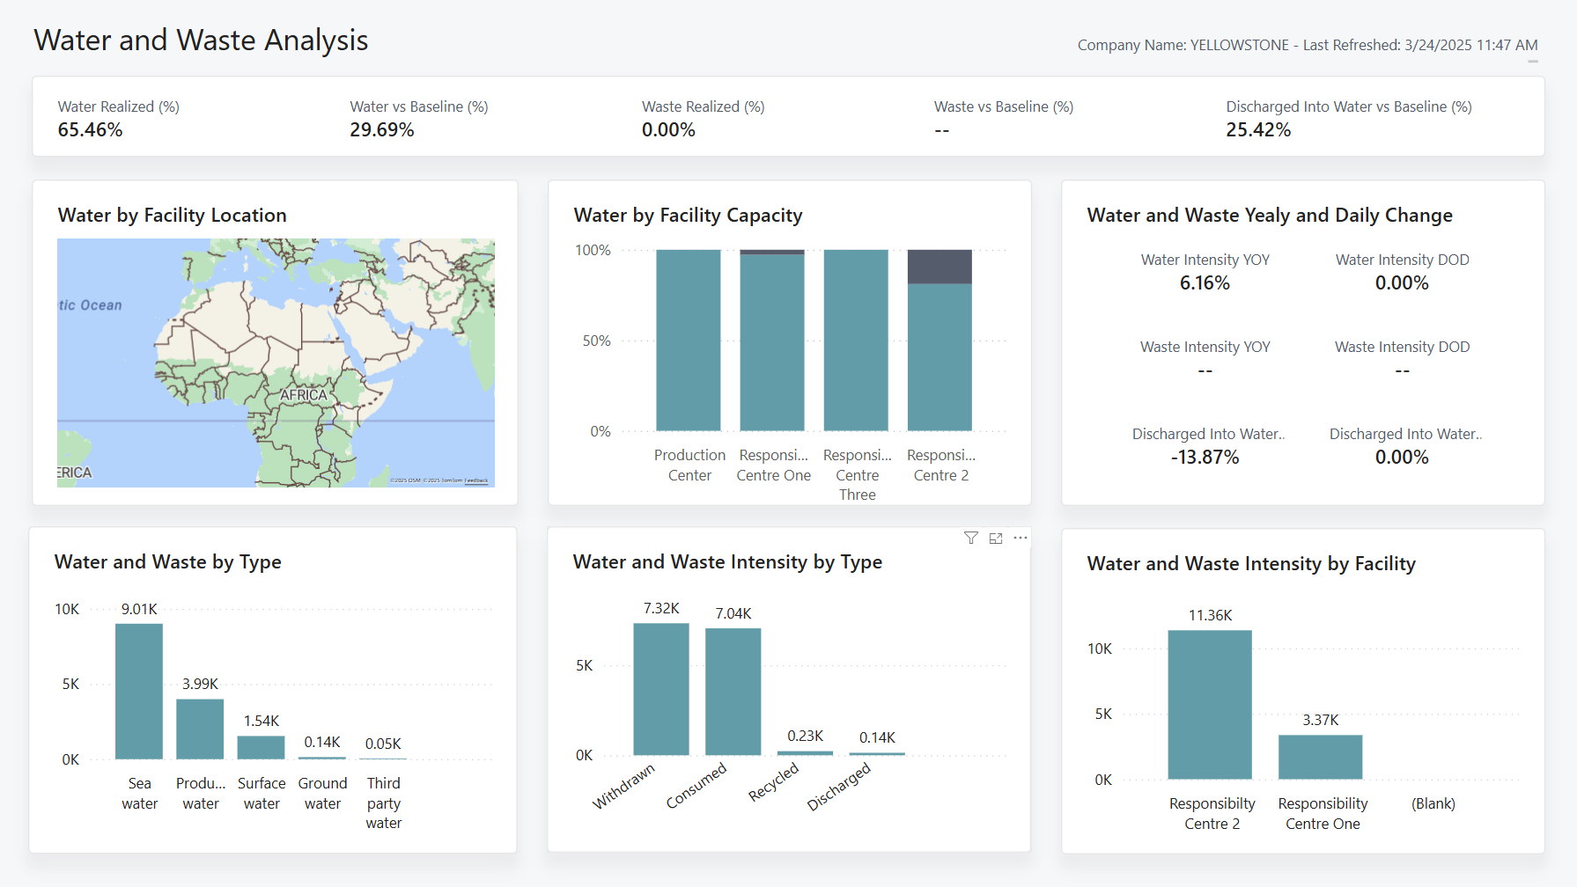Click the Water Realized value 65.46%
tap(90, 130)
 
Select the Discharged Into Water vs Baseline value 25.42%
tap(1257, 130)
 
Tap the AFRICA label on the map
tap(303, 395)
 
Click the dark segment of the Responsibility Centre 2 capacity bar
tap(940, 267)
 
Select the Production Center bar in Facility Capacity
tap(689, 341)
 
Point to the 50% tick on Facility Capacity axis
tap(596, 341)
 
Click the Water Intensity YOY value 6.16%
tap(1205, 283)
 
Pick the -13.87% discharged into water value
tap(1205, 458)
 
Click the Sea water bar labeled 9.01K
tap(139, 691)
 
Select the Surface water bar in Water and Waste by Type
tap(261, 748)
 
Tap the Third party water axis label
tap(384, 803)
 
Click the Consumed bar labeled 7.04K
tap(733, 691)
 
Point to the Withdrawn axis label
tap(623, 786)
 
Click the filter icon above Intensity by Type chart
tap(970, 538)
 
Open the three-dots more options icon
tap(1021, 538)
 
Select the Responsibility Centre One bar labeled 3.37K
tap(1320, 757)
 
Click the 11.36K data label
tap(1210, 615)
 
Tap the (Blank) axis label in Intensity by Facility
tap(1433, 803)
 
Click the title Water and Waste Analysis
tap(201, 40)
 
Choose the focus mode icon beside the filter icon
tap(996, 538)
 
